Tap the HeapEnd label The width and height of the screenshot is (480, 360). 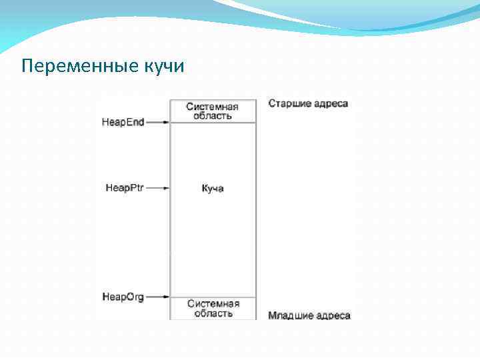coord(123,122)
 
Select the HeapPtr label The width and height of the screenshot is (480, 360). coord(125,188)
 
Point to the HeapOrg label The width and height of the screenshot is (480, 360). coord(123,297)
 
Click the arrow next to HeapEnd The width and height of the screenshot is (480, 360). coord(157,122)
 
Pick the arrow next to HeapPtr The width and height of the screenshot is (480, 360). coord(157,188)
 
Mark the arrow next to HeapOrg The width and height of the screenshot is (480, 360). coord(157,297)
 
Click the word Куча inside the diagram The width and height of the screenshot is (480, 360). coord(213,189)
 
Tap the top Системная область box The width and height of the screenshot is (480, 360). coord(213,111)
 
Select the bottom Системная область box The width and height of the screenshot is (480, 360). coord(213,309)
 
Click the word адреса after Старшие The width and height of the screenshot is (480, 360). coord(332,103)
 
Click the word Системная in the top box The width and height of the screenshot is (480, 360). coord(213,107)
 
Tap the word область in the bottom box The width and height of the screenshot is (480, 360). coord(213,313)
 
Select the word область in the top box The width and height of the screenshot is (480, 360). coord(213,116)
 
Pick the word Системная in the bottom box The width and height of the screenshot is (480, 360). coord(213,304)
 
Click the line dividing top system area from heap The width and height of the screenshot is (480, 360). coord(213,123)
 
